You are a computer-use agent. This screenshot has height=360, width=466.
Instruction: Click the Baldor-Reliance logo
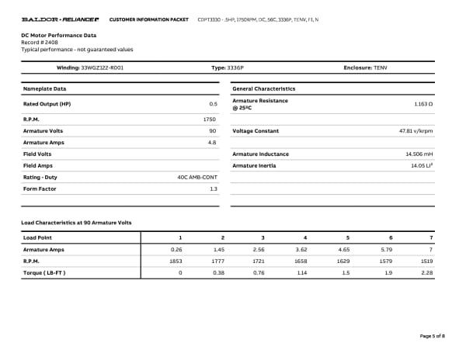60,18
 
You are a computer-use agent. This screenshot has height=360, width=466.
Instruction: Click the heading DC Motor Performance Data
59,35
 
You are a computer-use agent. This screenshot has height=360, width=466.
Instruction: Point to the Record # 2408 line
40,42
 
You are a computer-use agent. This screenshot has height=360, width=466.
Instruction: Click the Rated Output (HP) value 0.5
213,103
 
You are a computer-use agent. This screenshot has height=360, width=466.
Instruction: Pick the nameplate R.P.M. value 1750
209,119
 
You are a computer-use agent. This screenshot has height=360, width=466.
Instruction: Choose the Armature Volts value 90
213,131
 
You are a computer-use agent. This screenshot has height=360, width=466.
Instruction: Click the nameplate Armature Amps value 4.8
212,143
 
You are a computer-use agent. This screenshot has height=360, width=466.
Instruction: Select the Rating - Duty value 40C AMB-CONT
197,178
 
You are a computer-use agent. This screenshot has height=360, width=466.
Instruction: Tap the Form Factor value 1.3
213,189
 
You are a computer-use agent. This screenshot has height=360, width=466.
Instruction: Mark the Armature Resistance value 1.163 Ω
424,103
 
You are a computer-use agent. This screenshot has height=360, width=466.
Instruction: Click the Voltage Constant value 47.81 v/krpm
416,131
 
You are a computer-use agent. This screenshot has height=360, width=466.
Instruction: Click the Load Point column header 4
305,237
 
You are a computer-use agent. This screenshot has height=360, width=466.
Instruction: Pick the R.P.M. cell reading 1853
176,261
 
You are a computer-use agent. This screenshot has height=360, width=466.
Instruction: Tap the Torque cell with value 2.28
426,272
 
